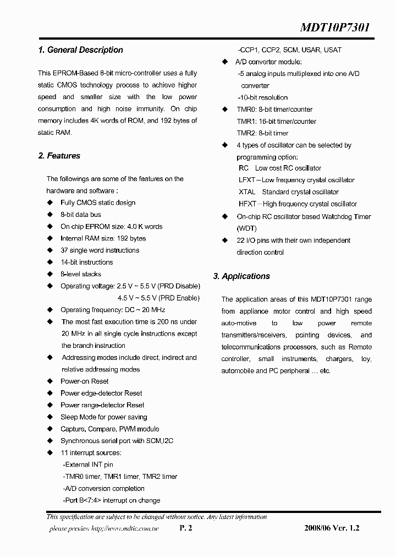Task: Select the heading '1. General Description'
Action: click(x=80, y=50)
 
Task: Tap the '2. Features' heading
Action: click(x=59, y=156)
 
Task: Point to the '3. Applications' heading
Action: click(x=241, y=276)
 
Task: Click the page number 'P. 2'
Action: click(x=186, y=528)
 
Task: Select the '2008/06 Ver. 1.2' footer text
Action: click(x=331, y=528)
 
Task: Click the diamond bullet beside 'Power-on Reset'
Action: click(x=50, y=381)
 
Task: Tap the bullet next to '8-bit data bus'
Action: click(x=50, y=215)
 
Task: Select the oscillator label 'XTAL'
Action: click(x=247, y=192)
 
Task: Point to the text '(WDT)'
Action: click(x=246, y=228)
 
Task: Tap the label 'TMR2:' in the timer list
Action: click(x=246, y=133)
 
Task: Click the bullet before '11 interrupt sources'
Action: click(x=50, y=453)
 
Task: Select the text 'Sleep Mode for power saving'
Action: click(x=103, y=417)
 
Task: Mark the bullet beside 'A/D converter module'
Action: click(x=224, y=62)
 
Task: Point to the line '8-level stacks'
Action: click(x=80, y=274)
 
